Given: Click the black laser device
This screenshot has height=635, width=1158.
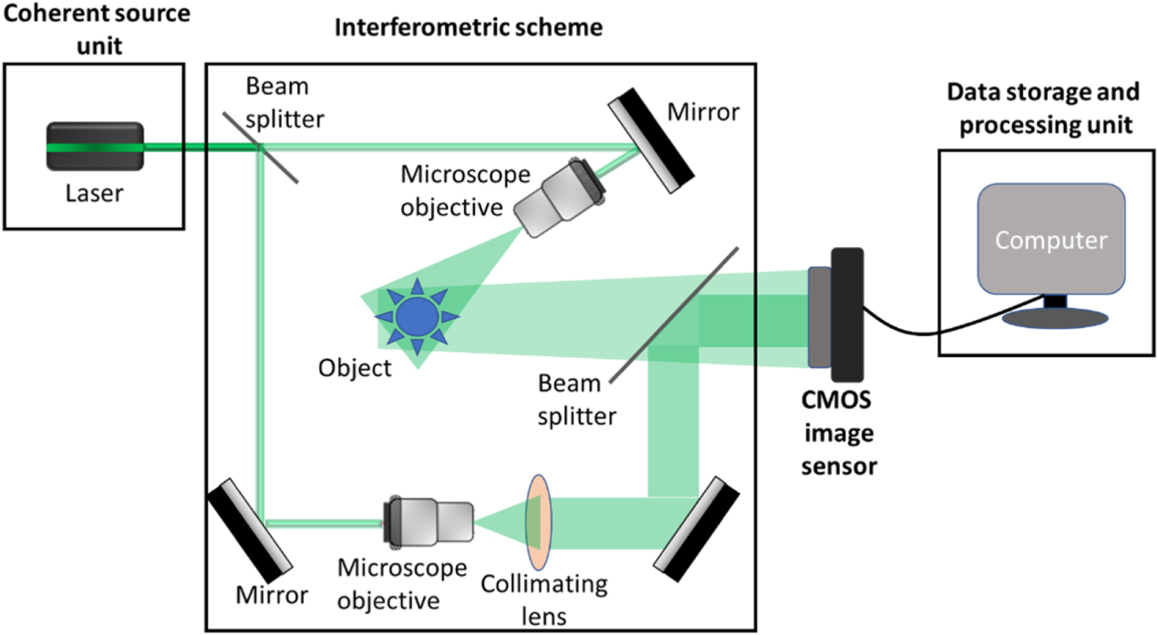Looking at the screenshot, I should pos(95,146).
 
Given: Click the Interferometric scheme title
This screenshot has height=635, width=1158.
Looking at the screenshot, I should pos(470,28).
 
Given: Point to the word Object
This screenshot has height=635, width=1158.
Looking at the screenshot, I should pos(355,368).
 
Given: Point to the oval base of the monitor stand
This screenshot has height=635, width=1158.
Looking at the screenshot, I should pos(1055,319).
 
